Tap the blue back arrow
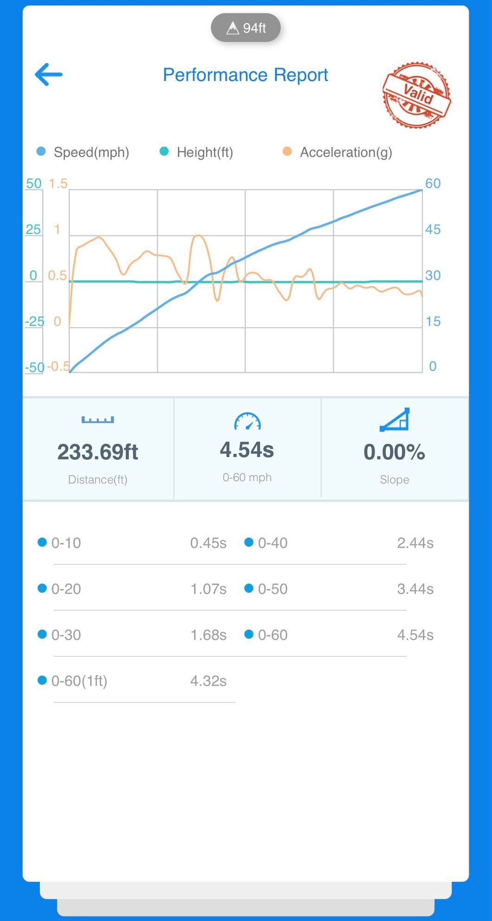[49, 75]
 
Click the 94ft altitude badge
[246, 28]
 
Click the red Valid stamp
[416, 95]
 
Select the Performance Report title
[245, 75]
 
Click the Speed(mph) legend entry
[83, 152]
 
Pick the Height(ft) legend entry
[196, 152]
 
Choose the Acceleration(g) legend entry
[338, 152]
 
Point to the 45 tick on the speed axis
[433, 229]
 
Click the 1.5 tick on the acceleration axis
[58, 183]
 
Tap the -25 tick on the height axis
[34, 321]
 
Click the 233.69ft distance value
[97, 452]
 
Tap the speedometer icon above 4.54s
[247, 421]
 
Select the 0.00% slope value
[394, 452]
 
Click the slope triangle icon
[395, 419]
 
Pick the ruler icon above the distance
[97, 420]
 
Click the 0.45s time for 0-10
[208, 543]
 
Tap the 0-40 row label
[272, 543]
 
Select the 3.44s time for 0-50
[415, 589]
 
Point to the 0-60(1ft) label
[79, 681]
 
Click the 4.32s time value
[208, 681]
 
